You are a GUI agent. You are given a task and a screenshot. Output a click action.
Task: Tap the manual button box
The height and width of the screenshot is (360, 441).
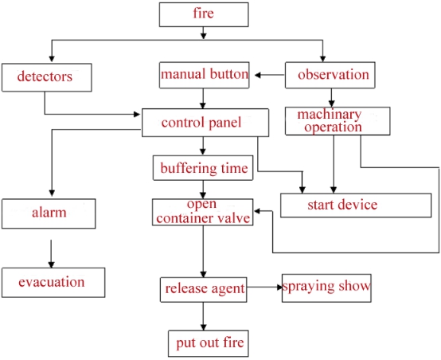(205, 75)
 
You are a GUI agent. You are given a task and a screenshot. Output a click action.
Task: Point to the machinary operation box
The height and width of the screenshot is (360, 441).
(338, 120)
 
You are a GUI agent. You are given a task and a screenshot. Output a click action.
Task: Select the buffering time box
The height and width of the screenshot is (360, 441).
(205, 169)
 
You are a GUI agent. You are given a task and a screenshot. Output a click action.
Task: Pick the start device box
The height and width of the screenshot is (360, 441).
(341, 205)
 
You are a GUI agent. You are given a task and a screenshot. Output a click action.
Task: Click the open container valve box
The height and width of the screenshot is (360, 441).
(203, 212)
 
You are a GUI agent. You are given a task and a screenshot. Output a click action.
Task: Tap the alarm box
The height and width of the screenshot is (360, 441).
(50, 213)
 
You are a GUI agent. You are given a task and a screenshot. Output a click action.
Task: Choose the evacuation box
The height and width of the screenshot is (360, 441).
(52, 281)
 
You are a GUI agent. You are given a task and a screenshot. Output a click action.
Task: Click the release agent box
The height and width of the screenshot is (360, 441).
(205, 288)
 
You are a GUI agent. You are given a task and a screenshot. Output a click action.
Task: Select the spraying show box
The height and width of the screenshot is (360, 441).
(326, 286)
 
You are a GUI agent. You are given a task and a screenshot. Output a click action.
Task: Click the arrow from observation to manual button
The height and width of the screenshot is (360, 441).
(267, 76)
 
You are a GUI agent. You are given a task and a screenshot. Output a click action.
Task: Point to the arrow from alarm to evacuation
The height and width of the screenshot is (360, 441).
(51, 253)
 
